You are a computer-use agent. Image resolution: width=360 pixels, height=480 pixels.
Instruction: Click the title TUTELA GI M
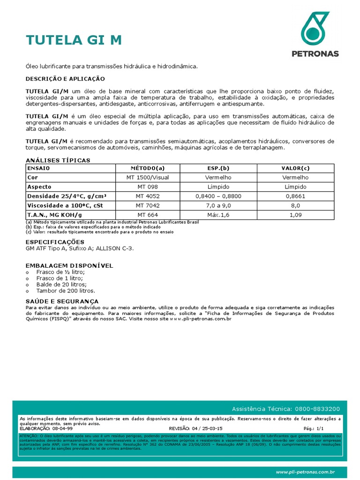(x=74, y=41)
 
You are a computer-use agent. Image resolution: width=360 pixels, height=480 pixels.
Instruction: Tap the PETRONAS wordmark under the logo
(x=315, y=54)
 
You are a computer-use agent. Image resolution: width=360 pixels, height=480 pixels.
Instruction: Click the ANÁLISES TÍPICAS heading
(x=58, y=160)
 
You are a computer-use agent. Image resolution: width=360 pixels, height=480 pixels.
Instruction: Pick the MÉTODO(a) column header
(x=148, y=168)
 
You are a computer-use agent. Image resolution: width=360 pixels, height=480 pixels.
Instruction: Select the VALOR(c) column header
(x=295, y=168)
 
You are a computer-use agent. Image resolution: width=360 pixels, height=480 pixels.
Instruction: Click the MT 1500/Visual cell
(x=148, y=178)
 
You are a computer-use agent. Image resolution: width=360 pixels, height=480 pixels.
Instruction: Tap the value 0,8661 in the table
(x=295, y=196)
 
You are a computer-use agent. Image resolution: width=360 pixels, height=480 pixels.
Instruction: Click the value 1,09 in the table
(x=295, y=215)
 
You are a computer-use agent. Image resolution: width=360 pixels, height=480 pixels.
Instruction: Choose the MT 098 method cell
(x=148, y=187)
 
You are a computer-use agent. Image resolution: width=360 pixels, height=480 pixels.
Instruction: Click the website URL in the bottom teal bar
(x=305, y=472)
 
